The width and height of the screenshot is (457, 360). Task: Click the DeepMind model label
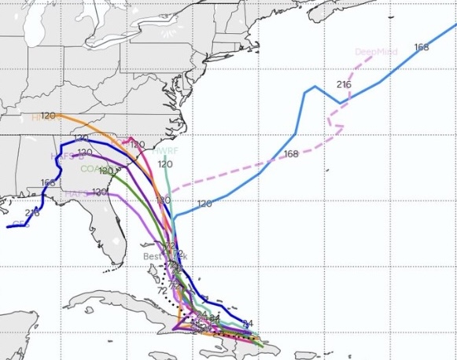pyautogui.click(x=376, y=52)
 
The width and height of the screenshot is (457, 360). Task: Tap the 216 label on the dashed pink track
pyautogui.click(x=344, y=84)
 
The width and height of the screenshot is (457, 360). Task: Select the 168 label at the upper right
pyautogui.click(x=421, y=47)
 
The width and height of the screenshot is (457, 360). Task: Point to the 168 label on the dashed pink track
pyautogui.click(x=291, y=153)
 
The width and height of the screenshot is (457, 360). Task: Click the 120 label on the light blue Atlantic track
pyautogui.click(x=205, y=204)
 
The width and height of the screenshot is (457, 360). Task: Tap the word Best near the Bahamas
pyautogui.click(x=152, y=256)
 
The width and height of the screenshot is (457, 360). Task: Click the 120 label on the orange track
pyautogui.click(x=48, y=116)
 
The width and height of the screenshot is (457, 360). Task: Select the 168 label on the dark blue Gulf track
pyautogui.click(x=48, y=182)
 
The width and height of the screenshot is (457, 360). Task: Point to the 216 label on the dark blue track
pyautogui.click(x=32, y=213)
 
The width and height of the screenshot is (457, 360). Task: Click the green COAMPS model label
pyautogui.click(x=91, y=168)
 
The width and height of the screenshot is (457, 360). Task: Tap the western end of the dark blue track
pyautogui.click(x=8, y=226)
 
